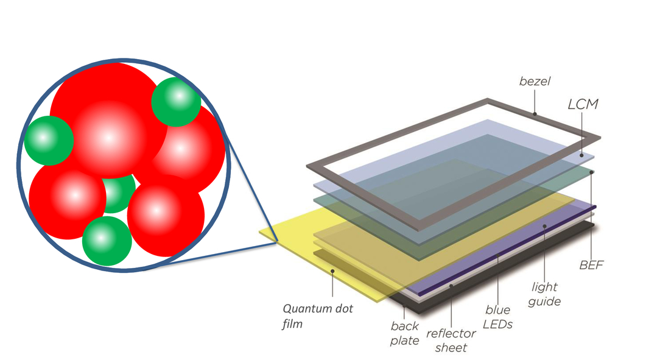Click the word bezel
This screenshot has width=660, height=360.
click(x=535, y=81)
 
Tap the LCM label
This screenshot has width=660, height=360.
click(x=583, y=104)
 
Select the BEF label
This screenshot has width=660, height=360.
click(x=591, y=265)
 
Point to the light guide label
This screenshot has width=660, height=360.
click(x=544, y=294)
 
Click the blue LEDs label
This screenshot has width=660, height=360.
click(x=497, y=317)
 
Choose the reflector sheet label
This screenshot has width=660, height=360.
click(x=451, y=341)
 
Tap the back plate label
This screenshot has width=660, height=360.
click(x=404, y=333)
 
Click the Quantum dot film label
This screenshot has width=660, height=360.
click(x=317, y=316)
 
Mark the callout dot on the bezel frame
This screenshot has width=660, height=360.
click(x=535, y=114)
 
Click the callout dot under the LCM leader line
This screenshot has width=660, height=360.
click(x=581, y=155)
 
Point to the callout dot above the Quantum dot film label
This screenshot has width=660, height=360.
click(x=332, y=271)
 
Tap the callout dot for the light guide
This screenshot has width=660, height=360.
click(x=544, y=227)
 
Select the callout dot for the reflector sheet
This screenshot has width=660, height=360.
click(x=451, y=286)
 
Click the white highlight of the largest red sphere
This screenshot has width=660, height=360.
click(x=108, y=137)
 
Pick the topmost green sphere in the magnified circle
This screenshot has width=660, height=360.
click(x=176, y=101)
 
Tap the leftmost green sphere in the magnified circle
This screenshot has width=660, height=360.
click(x=49, y=140)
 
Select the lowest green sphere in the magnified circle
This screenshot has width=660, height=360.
click(x=107, y=241)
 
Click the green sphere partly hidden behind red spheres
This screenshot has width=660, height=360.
click(x=116, y=194)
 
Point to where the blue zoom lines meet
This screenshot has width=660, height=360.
click(x=277, y=242)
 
